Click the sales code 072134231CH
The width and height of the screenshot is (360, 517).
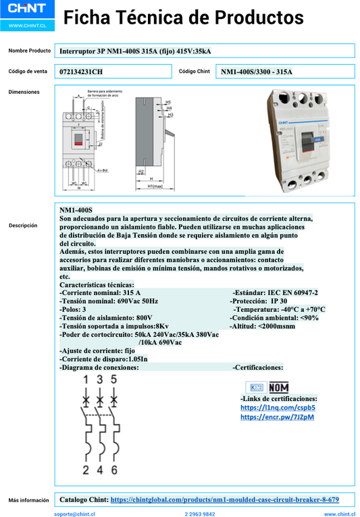pos(82,72)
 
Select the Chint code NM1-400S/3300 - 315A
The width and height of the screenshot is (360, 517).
pos(256,72)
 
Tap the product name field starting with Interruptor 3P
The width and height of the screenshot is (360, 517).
pos(135,51)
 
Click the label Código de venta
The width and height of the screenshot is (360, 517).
pos(28,71)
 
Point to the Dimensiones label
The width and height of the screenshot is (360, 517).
pos(24,92)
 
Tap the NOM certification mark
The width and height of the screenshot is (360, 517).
pos(278,387)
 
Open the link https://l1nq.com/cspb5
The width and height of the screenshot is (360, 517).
pos(278,408)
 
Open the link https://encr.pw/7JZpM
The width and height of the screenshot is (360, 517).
pos(277,417)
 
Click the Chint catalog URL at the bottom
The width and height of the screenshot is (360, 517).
pos(224,500)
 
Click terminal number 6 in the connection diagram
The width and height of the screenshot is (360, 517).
pos(114,470)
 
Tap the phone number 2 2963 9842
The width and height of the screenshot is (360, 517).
pos(200,514)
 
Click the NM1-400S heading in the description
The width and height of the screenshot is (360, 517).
pos(76,211)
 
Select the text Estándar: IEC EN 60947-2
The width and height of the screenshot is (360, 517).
pos(275,292)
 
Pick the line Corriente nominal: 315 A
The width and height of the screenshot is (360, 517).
pos(100,292)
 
